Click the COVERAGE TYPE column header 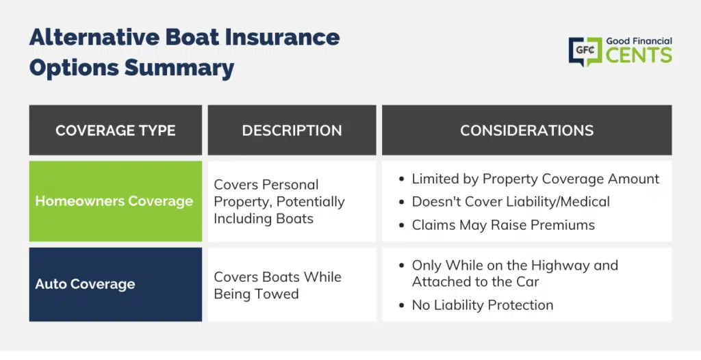coord(115,130)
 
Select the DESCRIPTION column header coord(292,130)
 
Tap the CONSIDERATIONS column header coord(526,130)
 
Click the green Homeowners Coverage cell coord(115,201)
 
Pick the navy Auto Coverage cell coord(115,285)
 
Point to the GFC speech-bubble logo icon coord(585,51)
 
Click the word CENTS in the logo coord(639,55)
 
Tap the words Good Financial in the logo coord(639,41)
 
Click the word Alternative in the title coord(94,37)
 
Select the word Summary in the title coord(179,68)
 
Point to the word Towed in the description coord(280,294)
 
